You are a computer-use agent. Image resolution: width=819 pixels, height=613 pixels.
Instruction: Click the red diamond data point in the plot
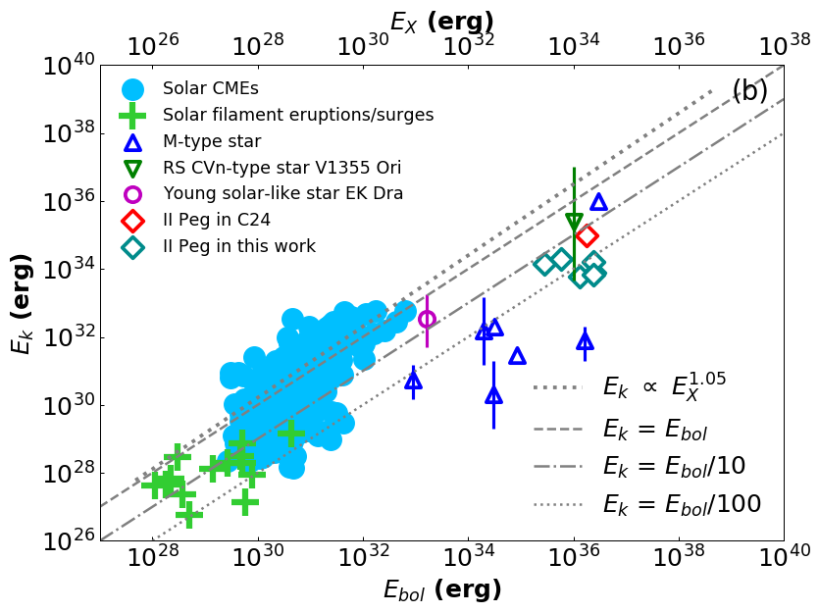[587, 235]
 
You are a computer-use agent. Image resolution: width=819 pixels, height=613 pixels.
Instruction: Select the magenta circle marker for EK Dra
[427, 319]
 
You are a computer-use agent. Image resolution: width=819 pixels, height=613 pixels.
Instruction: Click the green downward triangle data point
[574, 222]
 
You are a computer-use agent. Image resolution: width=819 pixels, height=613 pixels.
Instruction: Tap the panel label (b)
[750, 91]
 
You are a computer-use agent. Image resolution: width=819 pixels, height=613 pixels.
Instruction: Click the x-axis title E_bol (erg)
[442, 589]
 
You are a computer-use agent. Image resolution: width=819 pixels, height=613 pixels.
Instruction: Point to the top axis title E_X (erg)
[441, 22]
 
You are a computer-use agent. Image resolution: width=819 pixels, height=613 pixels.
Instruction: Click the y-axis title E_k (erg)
[22, 302]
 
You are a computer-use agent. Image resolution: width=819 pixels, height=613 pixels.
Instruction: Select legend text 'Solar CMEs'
[210, 88]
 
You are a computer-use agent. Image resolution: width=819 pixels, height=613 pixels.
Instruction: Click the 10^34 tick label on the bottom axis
[469, 556]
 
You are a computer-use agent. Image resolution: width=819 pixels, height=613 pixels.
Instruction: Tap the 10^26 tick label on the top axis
[154, 46]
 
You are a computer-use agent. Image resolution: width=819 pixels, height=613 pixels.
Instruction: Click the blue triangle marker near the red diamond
[598, 202]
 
